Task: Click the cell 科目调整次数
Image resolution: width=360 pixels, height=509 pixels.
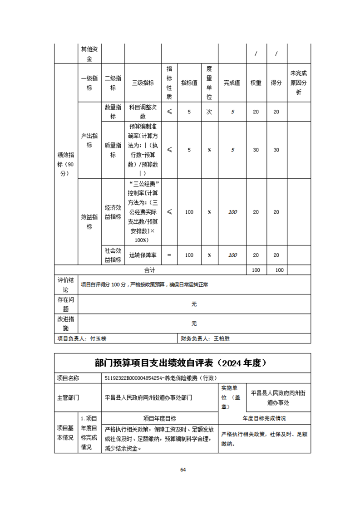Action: (143, 112)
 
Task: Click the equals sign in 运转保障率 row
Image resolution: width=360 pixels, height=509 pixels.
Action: (169, 255)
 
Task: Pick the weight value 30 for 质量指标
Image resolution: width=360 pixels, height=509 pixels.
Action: (256, 150)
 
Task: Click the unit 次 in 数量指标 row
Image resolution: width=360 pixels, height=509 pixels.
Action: (209, 112)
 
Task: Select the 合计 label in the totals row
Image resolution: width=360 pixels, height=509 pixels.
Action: (150, 270)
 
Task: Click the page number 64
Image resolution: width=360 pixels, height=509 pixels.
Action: (183, 470)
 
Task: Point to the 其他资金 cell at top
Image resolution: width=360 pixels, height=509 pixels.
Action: (89, 53)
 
